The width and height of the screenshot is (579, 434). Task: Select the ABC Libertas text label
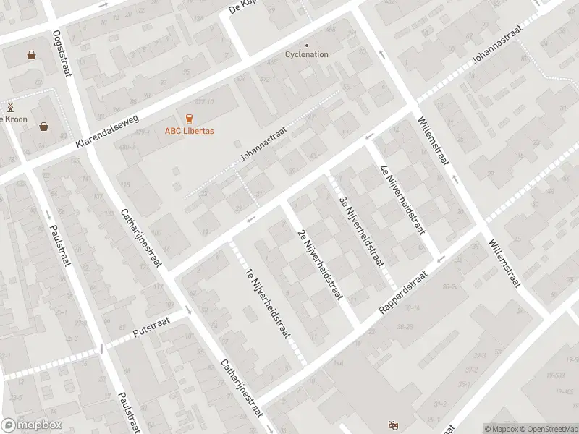[190, 132]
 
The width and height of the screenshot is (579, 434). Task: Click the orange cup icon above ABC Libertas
[190, 118]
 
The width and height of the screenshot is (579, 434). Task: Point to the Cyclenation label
[306, 54]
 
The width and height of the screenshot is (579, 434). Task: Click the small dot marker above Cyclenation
[306, 44]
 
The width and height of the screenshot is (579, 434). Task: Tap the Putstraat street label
[151, 333]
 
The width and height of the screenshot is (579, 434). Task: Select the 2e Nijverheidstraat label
[319, 265]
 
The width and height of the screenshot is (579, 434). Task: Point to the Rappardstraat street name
[404, 293]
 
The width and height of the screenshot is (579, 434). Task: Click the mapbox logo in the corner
[30, 425]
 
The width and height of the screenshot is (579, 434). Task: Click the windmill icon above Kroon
[10, 107]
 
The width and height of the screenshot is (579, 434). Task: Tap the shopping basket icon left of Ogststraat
[32, 54]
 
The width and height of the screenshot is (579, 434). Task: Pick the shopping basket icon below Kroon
[45, 127]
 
